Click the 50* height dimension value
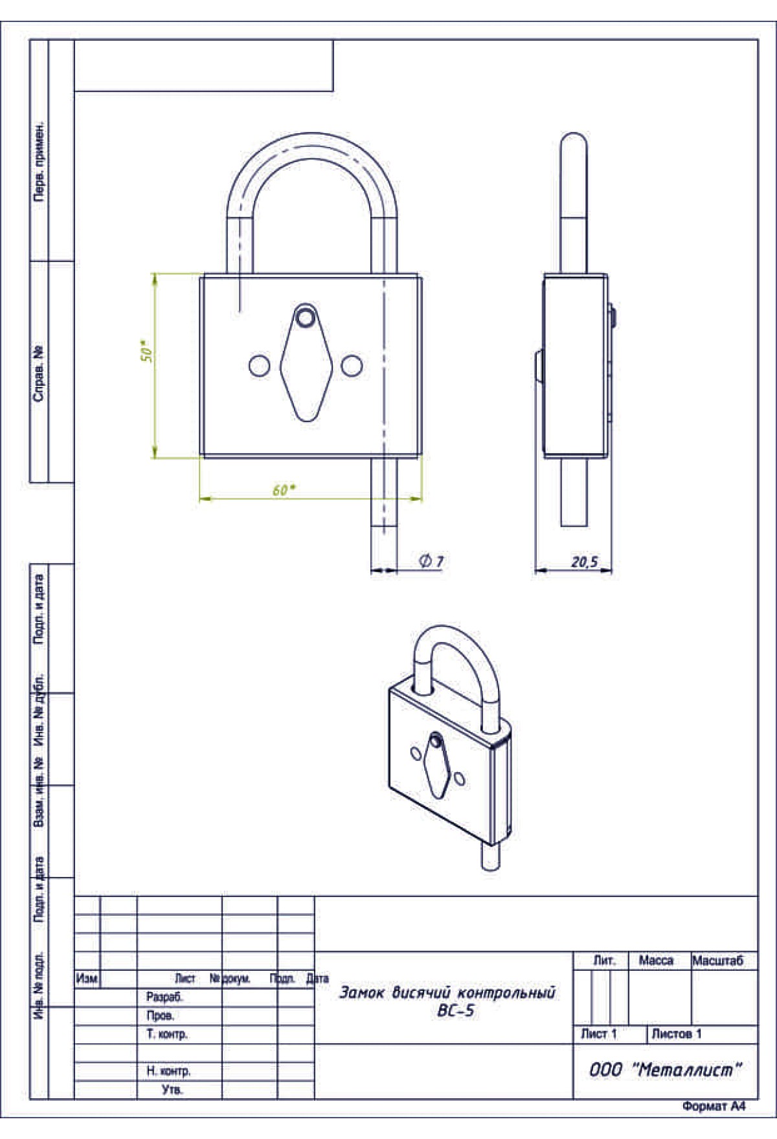pos(147,351)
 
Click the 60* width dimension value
pos(284,490)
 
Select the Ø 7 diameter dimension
pos(432,560)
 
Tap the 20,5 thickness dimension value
pos(584,561)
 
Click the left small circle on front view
pos(259,366)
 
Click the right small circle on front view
pos(352,366)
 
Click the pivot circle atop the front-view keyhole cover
pos(306,317)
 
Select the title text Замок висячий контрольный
pos(447,992)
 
